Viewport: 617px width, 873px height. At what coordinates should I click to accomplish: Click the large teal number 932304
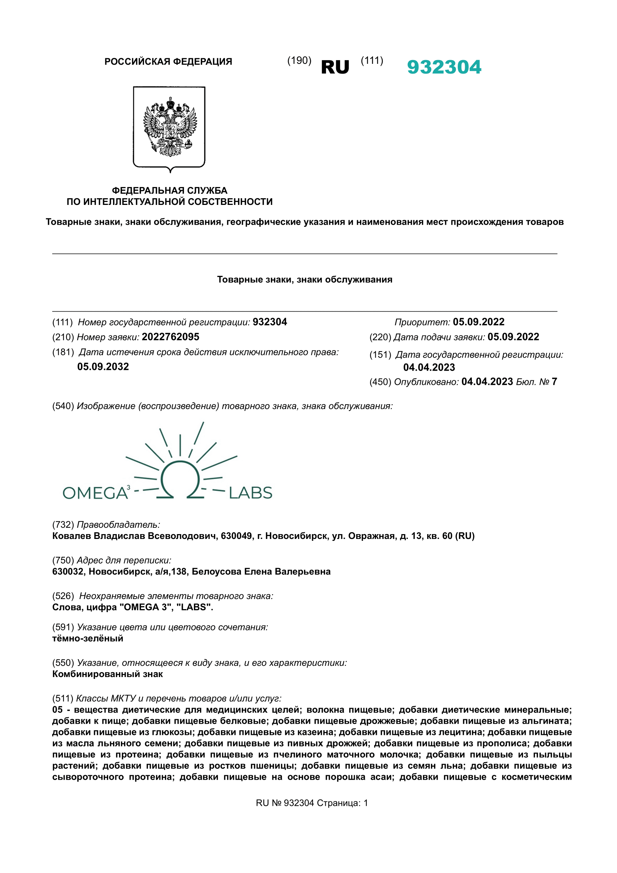(x=444, y=67)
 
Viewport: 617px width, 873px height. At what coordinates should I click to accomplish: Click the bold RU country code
(x=335, y=68)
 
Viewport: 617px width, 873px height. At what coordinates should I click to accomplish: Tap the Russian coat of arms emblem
(x=169, y=127)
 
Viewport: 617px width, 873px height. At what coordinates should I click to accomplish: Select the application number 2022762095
(x=170, y=337)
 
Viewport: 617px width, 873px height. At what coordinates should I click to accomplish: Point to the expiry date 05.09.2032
(x=103, y=367)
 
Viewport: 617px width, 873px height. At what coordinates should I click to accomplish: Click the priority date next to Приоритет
(x=478, y=322)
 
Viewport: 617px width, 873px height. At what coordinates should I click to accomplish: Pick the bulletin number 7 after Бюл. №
(x=554, y=381)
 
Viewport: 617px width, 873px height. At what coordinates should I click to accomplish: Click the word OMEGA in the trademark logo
(x=95, y=493)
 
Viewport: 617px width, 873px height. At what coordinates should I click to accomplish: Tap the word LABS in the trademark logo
(x=250, y=493)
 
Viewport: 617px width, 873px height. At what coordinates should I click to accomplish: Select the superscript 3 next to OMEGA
(x=128, y=487)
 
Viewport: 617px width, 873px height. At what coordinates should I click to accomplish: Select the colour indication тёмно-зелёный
(x=88, y=638)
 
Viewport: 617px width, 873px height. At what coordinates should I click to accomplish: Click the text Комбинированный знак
(x=107, y=674)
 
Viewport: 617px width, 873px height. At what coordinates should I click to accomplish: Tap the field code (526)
(x=63, y=596)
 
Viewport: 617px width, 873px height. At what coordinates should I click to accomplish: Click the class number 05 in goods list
(x=57, y=710)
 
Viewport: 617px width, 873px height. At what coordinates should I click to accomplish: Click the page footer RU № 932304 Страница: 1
(x=312, y=803)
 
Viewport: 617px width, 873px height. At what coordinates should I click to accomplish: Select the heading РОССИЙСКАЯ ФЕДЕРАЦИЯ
(x=168, y=62)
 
